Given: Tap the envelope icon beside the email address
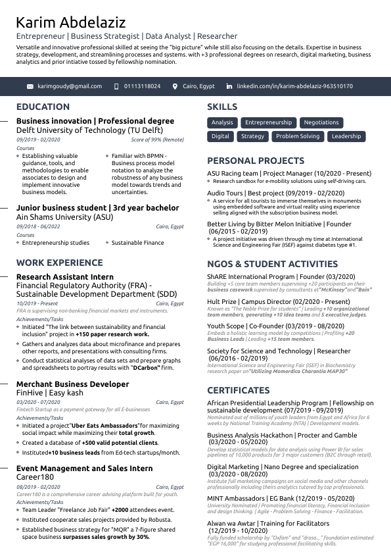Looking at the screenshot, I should tap(30, 86).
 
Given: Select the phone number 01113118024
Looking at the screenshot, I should tap(142, 86).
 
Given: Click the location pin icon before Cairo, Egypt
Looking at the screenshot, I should tap(175, 86).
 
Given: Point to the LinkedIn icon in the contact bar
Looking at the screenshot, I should tap(229, 86).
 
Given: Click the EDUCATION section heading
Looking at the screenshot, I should tap(43, 107).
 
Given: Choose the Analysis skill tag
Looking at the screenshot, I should tap(222, 122).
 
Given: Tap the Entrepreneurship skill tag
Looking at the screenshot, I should tap(268, 122).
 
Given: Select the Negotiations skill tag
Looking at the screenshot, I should tap(321, 122).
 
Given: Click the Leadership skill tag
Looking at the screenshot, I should tap(346, 136).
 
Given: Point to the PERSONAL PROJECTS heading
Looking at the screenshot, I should tap(255, 161).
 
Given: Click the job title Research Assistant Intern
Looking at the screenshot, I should tap(64, 277).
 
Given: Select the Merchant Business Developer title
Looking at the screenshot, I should tap(72, 384).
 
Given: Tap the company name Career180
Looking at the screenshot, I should tap(35, 476).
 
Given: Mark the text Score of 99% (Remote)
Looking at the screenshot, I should tap(157, 139).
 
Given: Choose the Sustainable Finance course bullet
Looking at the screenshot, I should tap(137, 243).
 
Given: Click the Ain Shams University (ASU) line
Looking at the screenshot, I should tap(64, 216).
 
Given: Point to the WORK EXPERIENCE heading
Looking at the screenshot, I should tap(59, 263).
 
